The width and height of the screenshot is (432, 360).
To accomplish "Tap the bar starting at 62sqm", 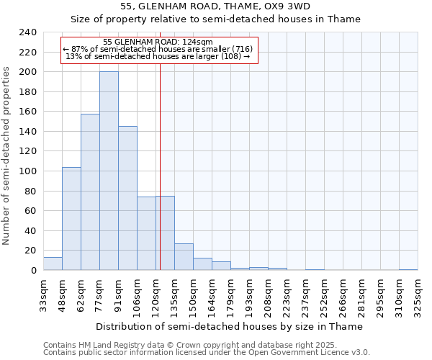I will pyautogui.click(x=90, y=192).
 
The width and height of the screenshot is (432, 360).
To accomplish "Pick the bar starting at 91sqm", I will pyautogui.click(x=127, y=198).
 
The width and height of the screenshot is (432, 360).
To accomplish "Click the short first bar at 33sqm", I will pyautogui.click(x=53, y=264).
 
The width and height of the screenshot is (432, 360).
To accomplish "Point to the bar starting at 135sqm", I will pyautogui.click(x=184, y=256).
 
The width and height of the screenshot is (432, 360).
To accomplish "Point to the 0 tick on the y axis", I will pyautogui.click(x=33, y=270).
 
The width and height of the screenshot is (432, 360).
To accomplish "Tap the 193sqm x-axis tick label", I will pyautogui.click(x=249, y=295).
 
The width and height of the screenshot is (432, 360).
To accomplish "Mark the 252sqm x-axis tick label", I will pyautogui.click(x=324, y=295).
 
